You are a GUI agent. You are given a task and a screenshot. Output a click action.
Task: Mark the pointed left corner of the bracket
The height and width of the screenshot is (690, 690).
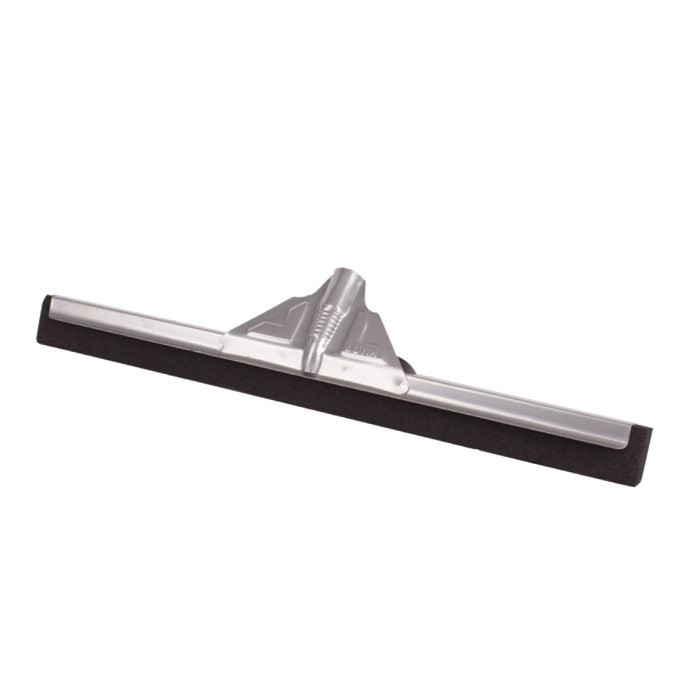pos(228,334)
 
